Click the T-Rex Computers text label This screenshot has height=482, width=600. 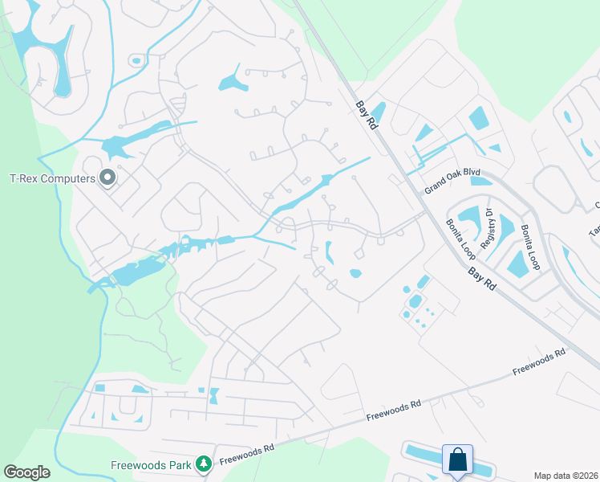click(52, 178)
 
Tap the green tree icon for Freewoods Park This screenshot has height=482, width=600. click(204, 464)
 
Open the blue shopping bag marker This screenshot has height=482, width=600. click(457, 460)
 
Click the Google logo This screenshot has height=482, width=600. click(26, 472)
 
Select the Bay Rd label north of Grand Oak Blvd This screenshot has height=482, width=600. click(367, 113)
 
